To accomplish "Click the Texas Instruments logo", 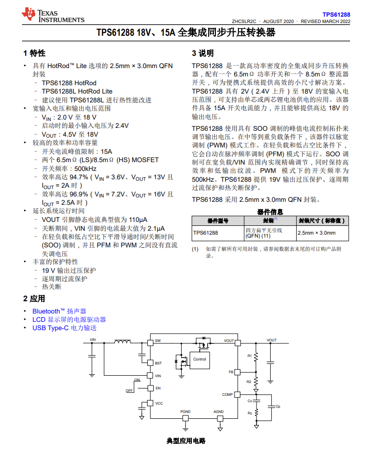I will tap(53, 16).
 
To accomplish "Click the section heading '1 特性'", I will tap(34, 53).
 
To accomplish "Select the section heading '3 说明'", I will tap(203, 53).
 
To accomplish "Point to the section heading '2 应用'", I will tap(34, 298).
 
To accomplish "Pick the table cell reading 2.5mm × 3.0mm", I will tap(316, 233).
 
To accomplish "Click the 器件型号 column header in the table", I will tap(218, 220).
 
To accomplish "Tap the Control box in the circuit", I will tap(200, 360).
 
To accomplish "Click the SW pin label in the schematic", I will tap(158, 341).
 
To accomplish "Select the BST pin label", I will tap(158, 363).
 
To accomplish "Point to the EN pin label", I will tap(158, 388).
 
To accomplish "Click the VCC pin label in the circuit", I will tap(159, 403).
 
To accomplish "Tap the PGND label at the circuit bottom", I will tap(185, 411).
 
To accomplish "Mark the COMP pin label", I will tap(228, 394).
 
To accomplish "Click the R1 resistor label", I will tap(249, 355).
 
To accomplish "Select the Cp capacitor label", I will tap(278, 406).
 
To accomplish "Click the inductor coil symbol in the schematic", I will tap(123, 341).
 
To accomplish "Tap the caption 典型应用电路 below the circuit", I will tap(186, 441).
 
